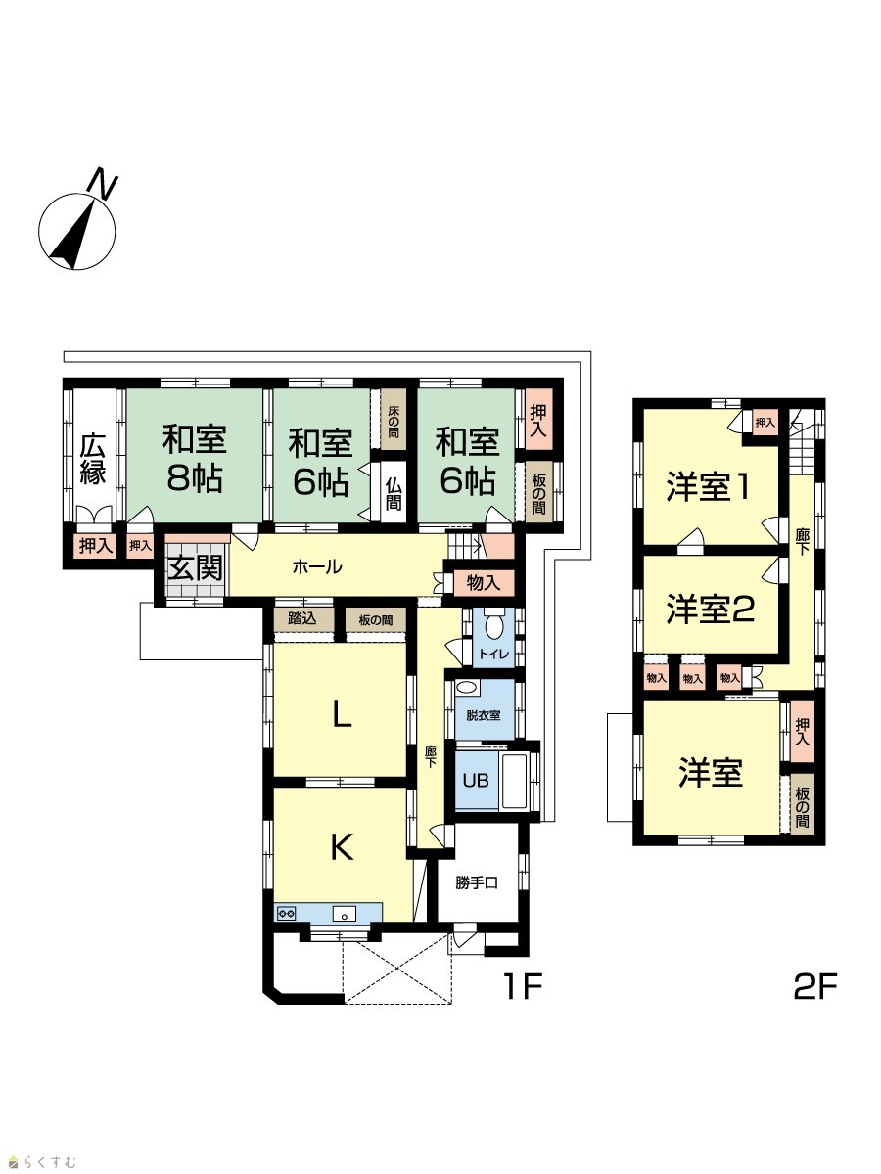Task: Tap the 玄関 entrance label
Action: (195, 567)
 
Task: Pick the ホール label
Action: (316, 566)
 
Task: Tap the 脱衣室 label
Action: (483, 715)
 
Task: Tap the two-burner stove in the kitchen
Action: (286, 913)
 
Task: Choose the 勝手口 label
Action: (476, 882)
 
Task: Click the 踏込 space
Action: (303, 620)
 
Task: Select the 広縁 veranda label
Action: (93, 460)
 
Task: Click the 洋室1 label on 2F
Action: (707, 487)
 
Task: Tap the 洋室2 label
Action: (711, 609)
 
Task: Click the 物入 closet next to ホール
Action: (484, 583)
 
